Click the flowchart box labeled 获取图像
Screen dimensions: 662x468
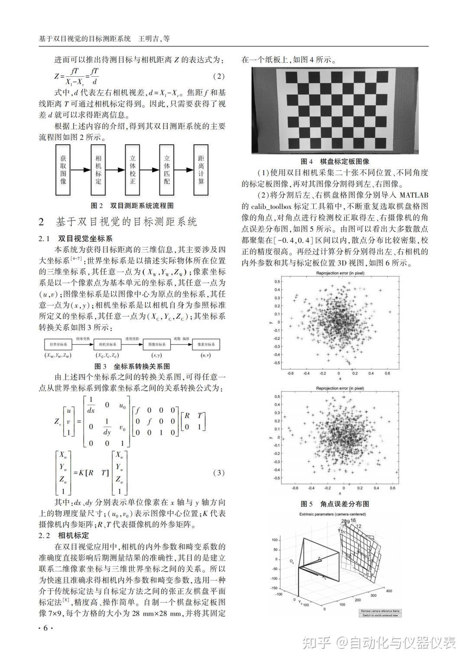point(63,170)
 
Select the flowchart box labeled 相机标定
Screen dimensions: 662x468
point(98,170)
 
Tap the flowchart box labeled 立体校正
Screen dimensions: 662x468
point(133,170)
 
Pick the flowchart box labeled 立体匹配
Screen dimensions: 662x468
point(167,170)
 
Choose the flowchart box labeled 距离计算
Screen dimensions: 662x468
point(201,170)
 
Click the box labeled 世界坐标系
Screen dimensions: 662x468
point(58,344)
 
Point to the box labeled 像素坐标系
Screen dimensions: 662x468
point(205,344)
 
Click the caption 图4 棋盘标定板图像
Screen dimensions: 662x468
point(335,161)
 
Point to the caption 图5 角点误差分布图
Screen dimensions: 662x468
point(335,504)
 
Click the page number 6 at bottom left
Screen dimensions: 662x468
point(45,628)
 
